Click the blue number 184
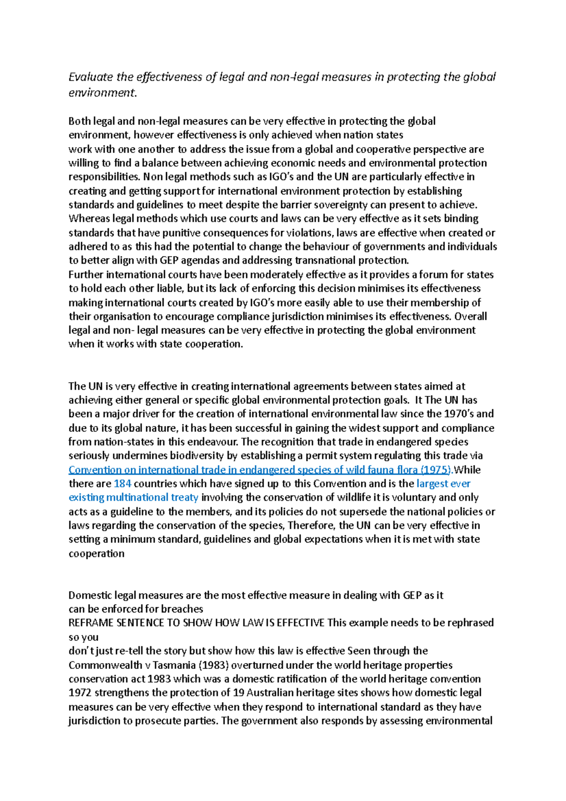click(123, 484)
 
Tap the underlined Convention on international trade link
click(189, 470)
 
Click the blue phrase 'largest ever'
click(443, 484)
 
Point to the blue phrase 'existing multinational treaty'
click(133, 497)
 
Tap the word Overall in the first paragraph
click(471, 316)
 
